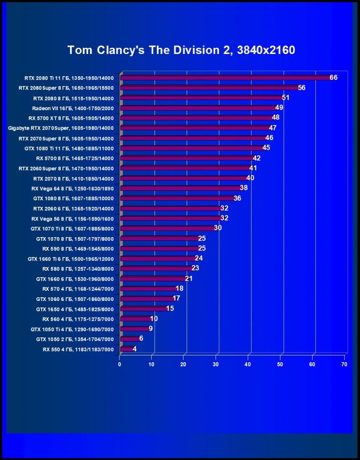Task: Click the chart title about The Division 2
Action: point(181,50)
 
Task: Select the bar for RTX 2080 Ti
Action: point(226,78)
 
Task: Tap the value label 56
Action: point(301,88)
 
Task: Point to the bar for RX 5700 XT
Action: point(198,118)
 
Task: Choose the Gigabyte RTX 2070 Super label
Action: point(61,128)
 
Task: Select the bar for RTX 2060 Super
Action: point(186,168)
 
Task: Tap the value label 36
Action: point(237,198)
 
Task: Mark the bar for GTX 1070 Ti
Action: point(169,228)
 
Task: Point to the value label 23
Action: point(195,268)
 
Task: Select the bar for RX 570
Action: point(149,289)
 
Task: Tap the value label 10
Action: point(153,318)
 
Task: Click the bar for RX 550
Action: point(127,349)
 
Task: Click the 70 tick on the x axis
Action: point(344,364)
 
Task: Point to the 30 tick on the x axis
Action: point(216,364)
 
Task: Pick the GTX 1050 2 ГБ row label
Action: point(75,339)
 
